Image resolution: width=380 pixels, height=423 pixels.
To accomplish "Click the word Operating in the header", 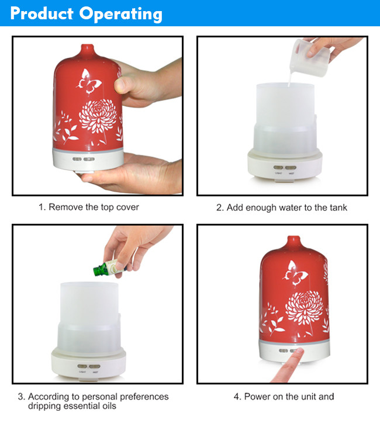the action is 120,14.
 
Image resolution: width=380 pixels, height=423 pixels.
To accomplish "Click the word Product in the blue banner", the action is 42,13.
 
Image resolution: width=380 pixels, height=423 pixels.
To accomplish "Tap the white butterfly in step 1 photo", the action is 89,82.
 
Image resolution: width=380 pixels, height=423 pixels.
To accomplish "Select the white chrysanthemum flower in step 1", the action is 98,116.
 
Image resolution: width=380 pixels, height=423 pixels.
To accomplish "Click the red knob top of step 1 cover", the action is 88,50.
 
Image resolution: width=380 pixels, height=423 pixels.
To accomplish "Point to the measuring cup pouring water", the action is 310,57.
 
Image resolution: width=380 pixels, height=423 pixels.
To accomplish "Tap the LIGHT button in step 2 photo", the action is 278,168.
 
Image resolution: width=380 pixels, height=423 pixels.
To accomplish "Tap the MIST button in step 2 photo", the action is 291,168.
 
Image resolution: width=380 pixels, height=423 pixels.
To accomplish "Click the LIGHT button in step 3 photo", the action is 82,366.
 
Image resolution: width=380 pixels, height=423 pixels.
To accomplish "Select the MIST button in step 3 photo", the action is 95,366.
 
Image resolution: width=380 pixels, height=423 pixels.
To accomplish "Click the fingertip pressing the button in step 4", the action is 299,351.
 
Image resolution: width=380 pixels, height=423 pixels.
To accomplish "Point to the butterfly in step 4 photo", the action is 295,273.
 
